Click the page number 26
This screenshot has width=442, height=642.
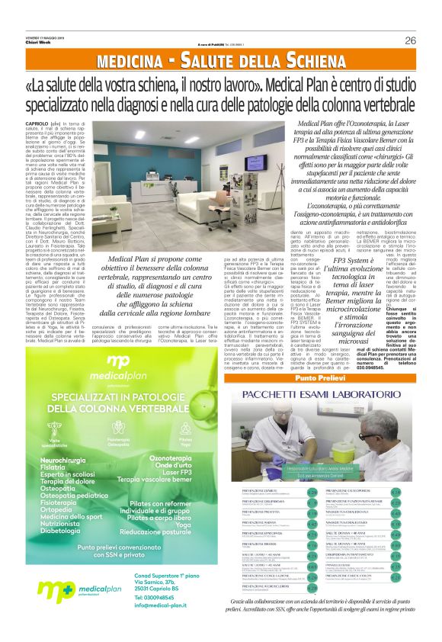(410, 40)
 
